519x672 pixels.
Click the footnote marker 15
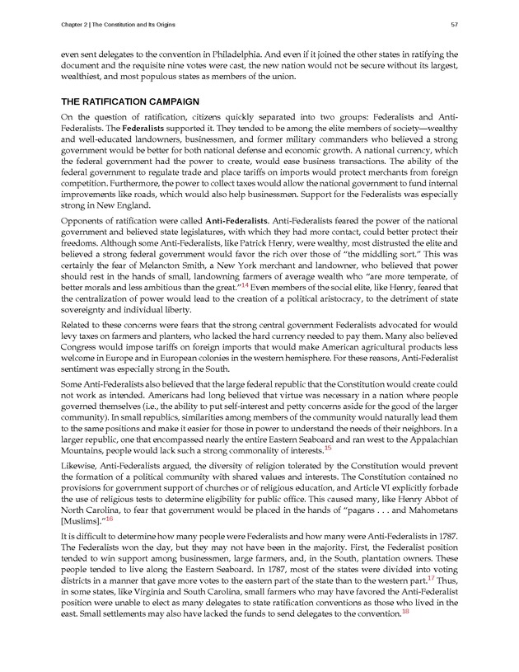328,449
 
